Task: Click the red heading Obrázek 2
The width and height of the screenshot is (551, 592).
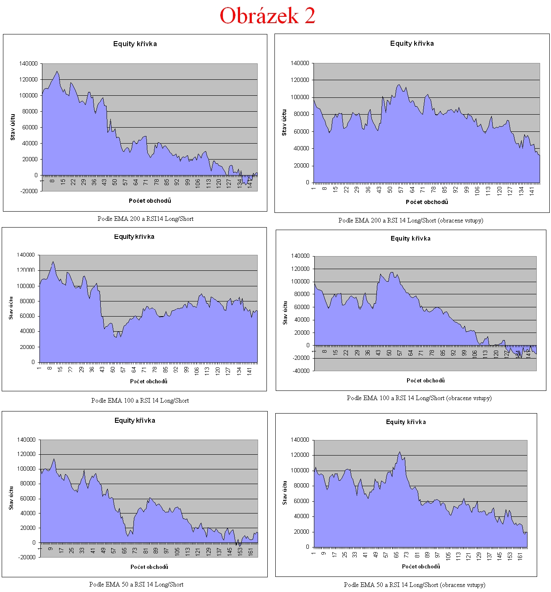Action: [267, 16]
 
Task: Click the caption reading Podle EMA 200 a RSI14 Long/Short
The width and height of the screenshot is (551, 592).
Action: [145, 219]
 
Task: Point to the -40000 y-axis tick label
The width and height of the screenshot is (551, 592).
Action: [301, 371]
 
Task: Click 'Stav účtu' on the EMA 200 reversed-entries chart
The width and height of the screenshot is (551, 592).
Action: [284, 123]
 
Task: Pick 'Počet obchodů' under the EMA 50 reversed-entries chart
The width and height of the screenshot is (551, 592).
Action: [421, 566]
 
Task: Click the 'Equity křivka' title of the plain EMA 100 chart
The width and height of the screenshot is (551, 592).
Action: [134, 237]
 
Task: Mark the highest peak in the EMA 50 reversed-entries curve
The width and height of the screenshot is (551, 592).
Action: [400, 452]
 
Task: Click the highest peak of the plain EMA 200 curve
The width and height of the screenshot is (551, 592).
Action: [57, 71]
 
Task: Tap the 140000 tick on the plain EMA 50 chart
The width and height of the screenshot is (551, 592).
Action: [26, 440]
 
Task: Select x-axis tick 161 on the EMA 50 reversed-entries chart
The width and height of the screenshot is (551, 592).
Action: [520, 555]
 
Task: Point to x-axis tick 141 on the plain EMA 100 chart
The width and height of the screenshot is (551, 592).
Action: [249, 370]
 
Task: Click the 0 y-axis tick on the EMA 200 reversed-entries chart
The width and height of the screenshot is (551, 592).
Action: [307, 182]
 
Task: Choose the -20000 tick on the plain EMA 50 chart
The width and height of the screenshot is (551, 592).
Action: [26, 557]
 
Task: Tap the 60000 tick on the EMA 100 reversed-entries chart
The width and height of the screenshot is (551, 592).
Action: [301, 307]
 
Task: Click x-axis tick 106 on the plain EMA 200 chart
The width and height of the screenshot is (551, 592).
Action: [198, 183]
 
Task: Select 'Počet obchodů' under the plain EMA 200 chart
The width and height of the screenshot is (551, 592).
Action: [150, 201]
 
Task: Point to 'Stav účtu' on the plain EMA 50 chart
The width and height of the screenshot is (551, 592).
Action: [11, 498]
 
